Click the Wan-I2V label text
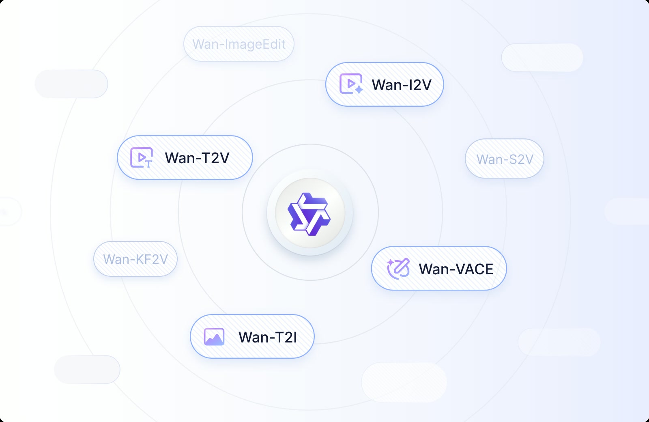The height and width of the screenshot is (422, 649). [402, 85]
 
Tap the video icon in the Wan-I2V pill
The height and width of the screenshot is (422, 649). [351, 84]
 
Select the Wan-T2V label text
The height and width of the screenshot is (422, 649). [197, 158]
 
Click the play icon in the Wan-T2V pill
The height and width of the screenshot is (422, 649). [142, 157]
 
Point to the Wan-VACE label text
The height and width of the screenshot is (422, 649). [456, 269]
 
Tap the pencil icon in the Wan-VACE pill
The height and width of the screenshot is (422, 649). [399, 269]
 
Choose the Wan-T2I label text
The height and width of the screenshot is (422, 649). [267, 337]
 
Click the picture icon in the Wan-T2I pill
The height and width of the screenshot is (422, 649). [214, 337]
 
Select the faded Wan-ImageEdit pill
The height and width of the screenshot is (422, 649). [239, 44]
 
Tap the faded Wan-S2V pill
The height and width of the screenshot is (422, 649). [505, 159]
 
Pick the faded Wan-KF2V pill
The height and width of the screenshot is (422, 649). [135, 259]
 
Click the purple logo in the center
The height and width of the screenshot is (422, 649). [309, 214]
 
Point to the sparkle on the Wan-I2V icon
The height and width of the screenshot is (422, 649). [359, 90]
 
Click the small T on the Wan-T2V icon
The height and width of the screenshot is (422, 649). [148, 164]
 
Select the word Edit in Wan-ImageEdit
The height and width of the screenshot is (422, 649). [272, 44]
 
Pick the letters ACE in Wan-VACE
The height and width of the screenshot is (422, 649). [476, 269]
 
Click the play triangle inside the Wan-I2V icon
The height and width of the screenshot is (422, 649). [351, 84]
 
